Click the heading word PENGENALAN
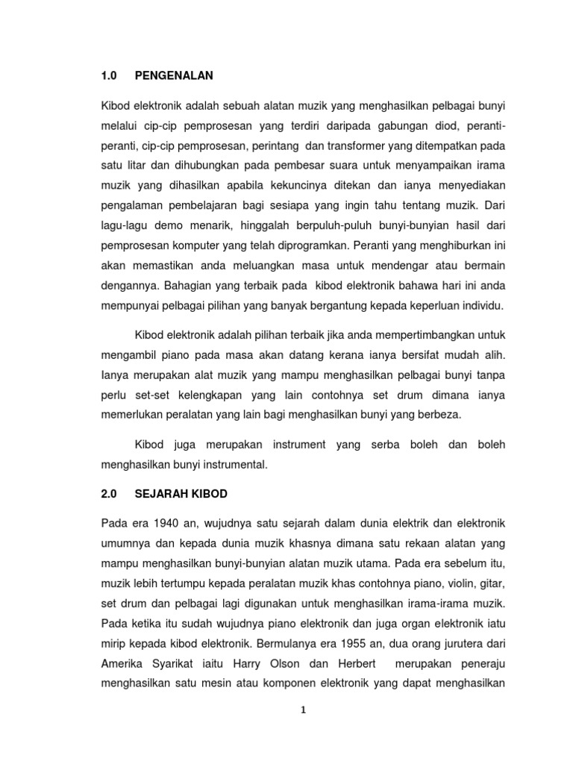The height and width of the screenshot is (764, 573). click(x=175, y=75)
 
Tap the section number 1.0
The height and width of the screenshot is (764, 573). click(x=109, y=75)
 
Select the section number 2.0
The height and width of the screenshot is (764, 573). click(x=109, y=495)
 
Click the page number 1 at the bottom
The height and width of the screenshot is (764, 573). click(x=303, y=710)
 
